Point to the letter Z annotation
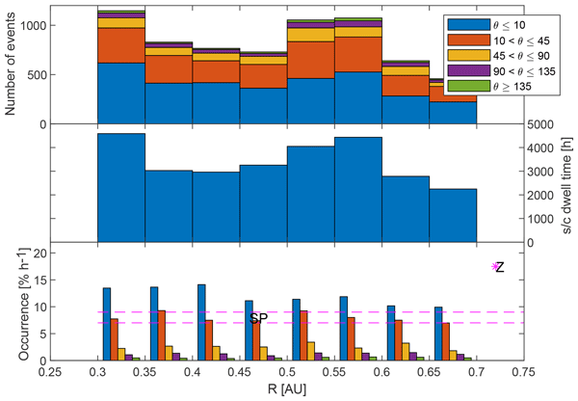pos(501,267)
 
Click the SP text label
pos(257,319)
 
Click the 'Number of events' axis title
pos(12,65)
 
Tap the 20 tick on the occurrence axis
pos(37,254)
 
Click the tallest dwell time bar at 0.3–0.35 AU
pos(121,188)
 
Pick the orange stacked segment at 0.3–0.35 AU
pos(121,45)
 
